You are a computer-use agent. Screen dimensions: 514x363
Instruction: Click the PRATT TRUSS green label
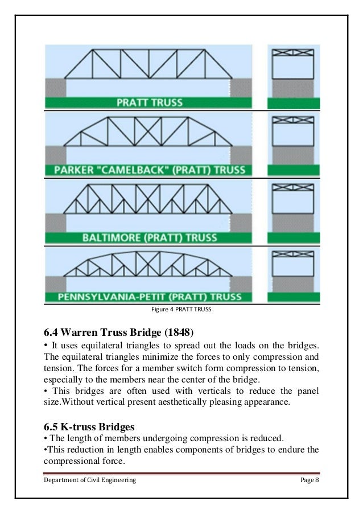tap(150, 103)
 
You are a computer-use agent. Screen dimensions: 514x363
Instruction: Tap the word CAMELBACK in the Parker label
tap(121, 170)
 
